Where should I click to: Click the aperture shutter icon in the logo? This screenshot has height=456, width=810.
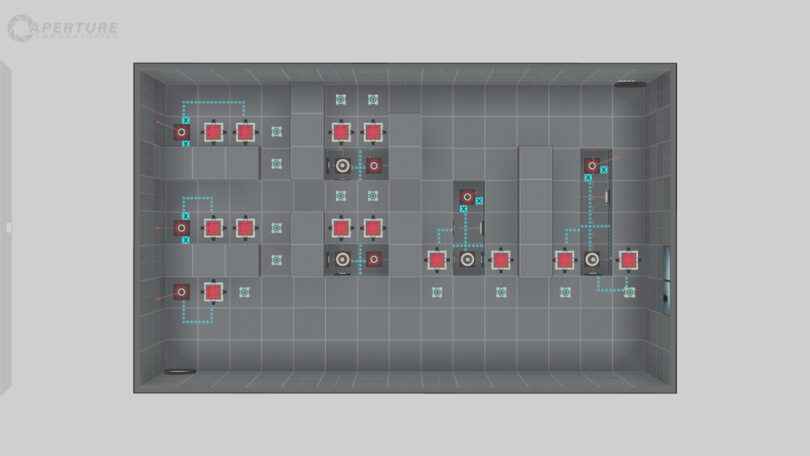[x=20, y=28]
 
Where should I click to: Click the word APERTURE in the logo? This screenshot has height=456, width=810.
[x=74, y=27]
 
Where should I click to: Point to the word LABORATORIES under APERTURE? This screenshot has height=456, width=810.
[x=75, y=37]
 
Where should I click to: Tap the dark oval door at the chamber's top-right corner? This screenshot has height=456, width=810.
[x=629, y=85]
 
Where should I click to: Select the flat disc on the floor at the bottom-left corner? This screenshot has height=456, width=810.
[x=180, y=372]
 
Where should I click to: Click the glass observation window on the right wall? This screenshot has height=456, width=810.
[x=666, y=280]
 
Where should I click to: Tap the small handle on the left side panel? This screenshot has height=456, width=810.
[x=9, y=228]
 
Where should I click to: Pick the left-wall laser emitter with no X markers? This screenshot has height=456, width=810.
[x=181, y=292]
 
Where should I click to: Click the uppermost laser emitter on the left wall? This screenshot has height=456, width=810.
[x=181, y=131]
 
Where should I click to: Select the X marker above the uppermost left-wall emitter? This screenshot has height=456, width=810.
[x=186, y=120]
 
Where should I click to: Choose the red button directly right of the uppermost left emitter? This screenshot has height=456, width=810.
[x=213, y=131]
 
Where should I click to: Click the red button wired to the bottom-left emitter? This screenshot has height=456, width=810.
[x=213, y=292]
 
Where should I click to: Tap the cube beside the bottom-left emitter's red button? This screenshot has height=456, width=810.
[x=245, y=292]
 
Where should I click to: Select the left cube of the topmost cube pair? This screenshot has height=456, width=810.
[x=341, y=99]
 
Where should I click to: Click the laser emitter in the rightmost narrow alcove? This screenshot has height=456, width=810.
[x=592, y=166]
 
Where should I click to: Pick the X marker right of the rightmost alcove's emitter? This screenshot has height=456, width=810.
[x=604, y=170]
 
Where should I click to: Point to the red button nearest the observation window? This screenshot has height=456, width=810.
[x=629, y=260]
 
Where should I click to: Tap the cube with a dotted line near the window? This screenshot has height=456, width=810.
[x=629, y=292]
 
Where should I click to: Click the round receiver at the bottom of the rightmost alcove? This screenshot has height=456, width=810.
[x=592, y=259]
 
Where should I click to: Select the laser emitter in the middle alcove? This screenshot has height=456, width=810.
[x=468, y=196]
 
